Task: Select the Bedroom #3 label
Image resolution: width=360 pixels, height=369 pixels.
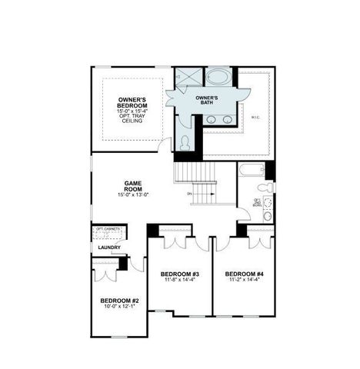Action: click(180, 274)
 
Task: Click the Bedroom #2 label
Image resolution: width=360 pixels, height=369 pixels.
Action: click(119, 301)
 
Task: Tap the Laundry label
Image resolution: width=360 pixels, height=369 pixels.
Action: click(108, 248)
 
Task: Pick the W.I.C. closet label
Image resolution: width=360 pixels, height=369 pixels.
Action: click(255, 117)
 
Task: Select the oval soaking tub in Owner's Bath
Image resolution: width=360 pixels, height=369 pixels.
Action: click(219, 77)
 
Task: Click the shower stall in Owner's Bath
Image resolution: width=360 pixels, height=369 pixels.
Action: click(187, 77)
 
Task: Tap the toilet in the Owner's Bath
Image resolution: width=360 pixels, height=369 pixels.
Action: click(185, 142)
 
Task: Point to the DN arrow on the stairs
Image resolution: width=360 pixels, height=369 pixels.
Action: click(189, 194)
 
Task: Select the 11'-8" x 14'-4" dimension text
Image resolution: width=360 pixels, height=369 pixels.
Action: click(180, 281)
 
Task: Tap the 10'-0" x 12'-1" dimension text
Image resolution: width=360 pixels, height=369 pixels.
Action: click(119, 307)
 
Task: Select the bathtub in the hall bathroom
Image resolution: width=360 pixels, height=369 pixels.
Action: click(251, 171)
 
